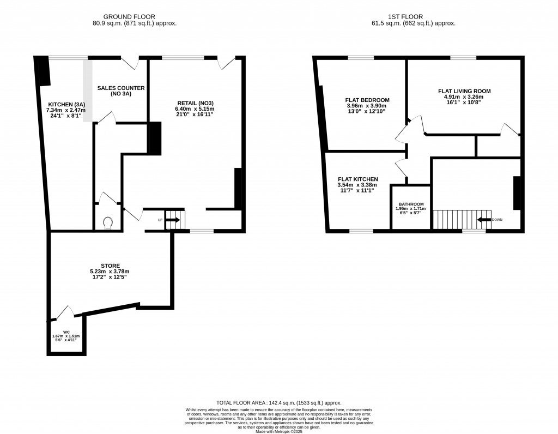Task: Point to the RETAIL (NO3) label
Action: click(196, 103)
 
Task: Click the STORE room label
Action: click(110, 266)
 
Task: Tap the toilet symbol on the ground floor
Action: click(108, 223)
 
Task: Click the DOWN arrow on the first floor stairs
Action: click(484, 220)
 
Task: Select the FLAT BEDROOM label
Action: click(367, 100)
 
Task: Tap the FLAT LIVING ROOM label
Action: click(464, 91)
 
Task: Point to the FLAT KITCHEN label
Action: click(357, 179)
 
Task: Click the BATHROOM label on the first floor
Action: click(411, 204)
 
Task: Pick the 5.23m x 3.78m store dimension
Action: click(110, 272)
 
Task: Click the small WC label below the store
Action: click(65, 332)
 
